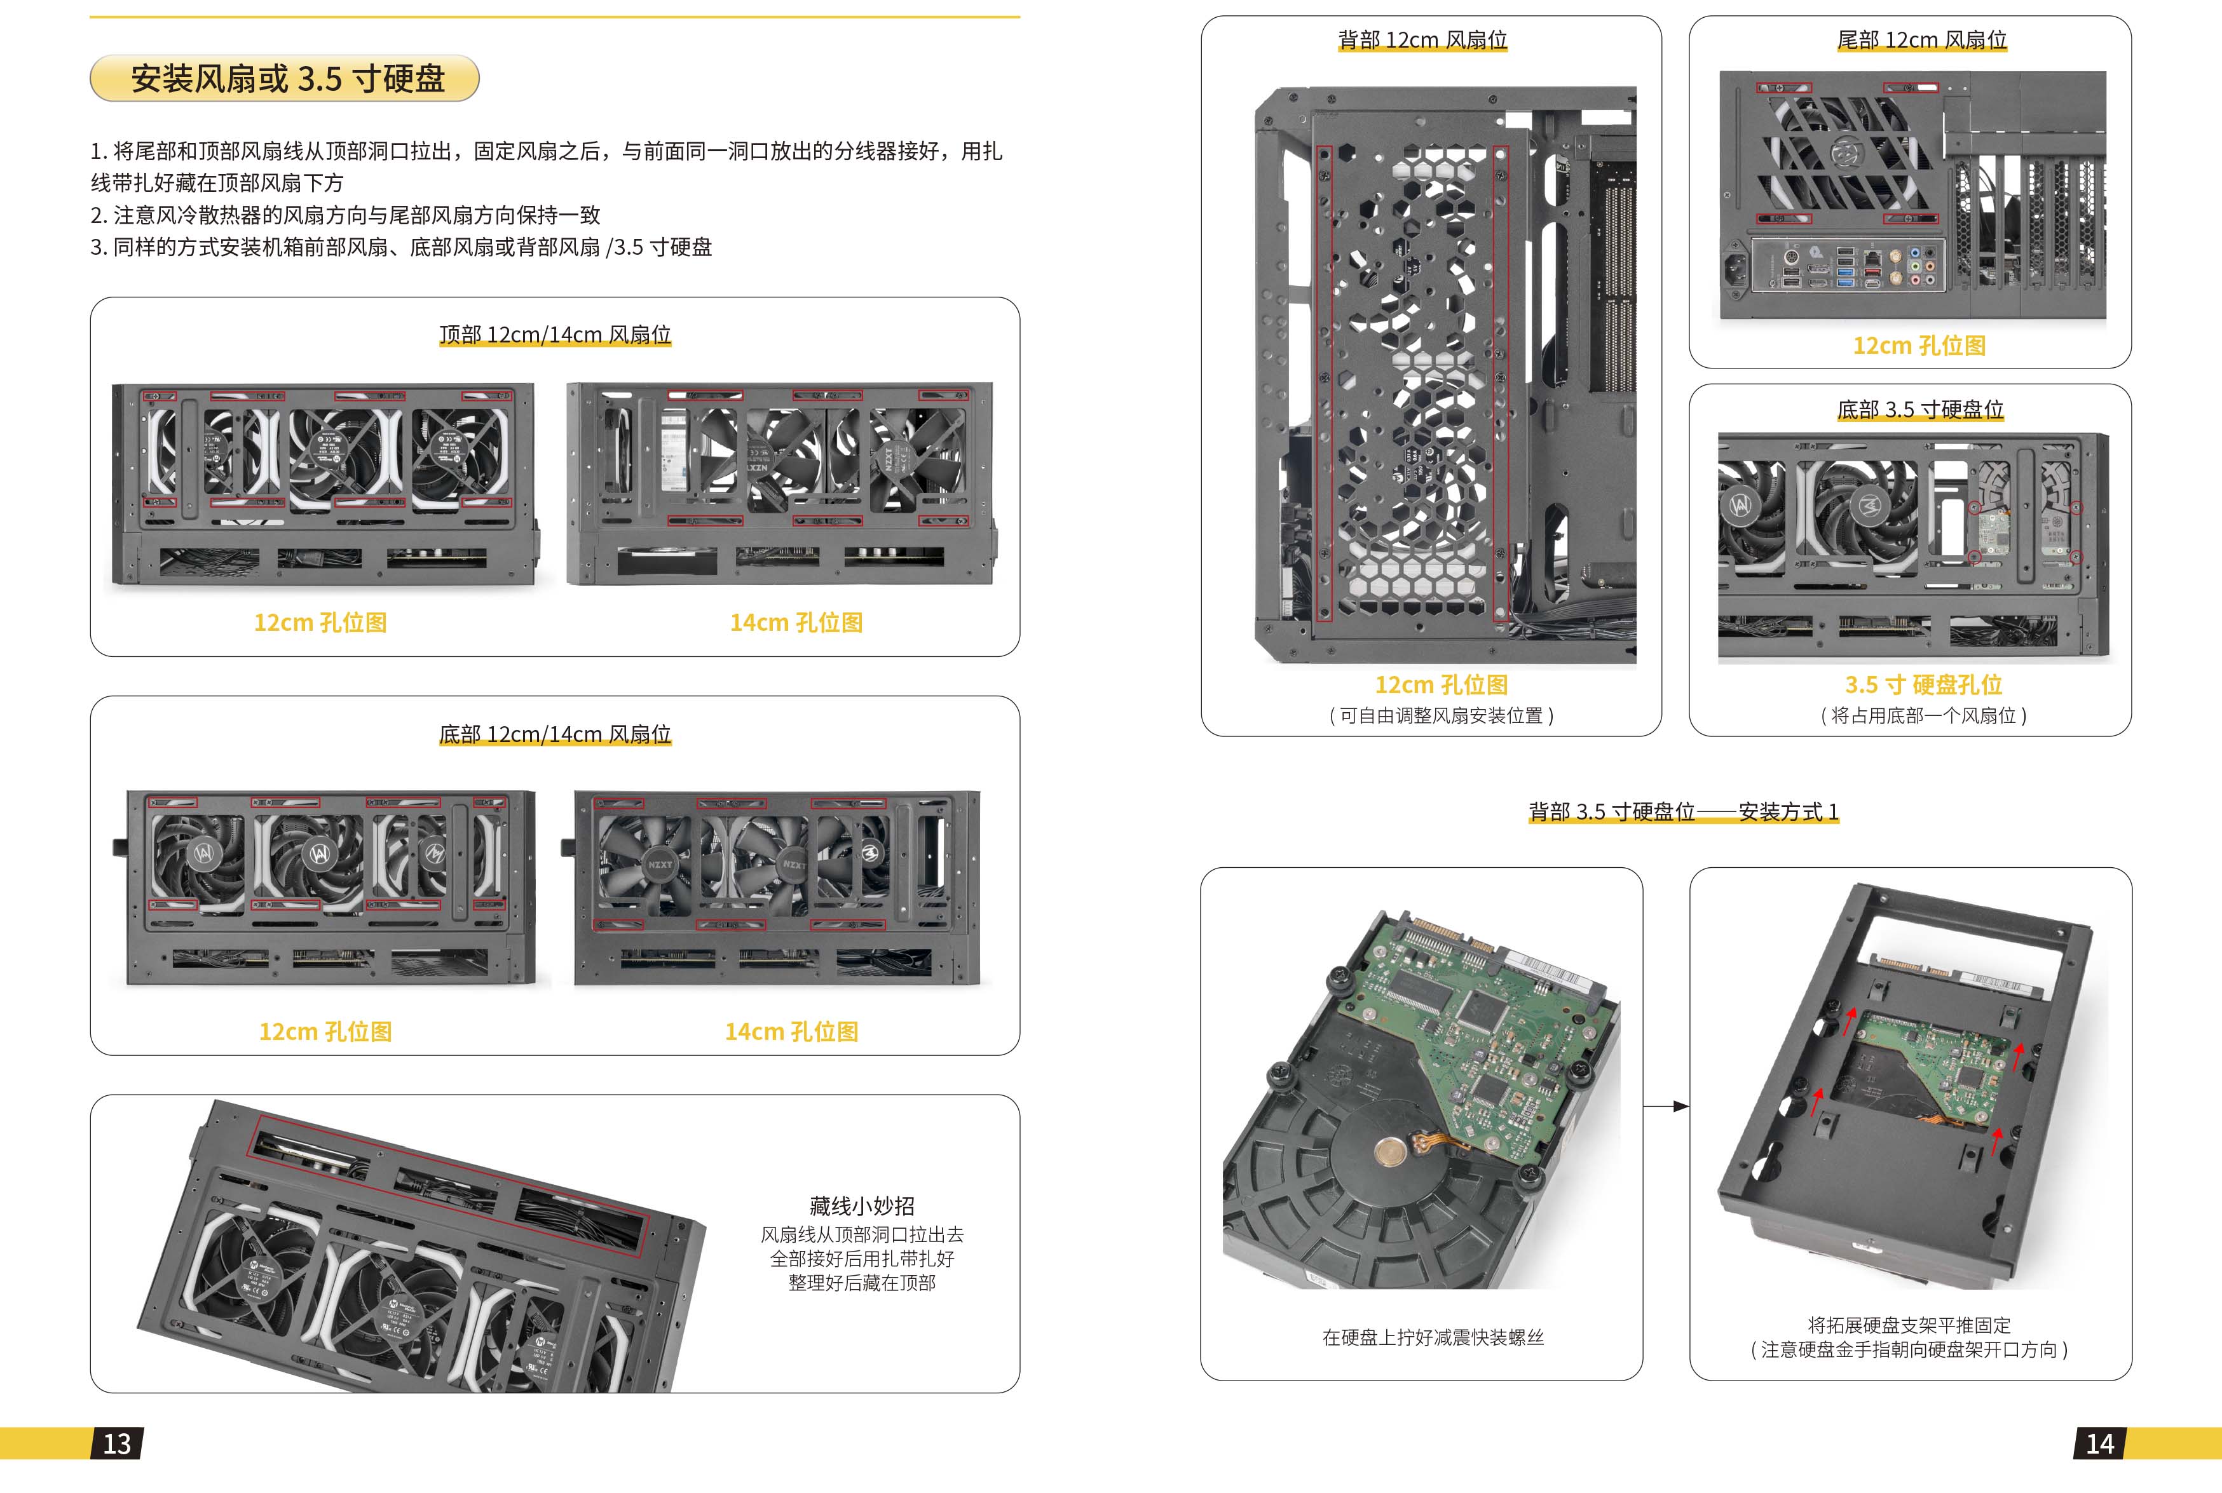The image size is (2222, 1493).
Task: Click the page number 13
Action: (117, 1443)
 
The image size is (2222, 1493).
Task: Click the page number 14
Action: (2099, 1443)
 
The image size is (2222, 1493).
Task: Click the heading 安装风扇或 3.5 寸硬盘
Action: (288, 78)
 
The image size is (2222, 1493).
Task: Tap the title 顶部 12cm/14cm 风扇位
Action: (555, 334)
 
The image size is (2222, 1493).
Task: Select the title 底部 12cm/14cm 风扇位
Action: (555, 734)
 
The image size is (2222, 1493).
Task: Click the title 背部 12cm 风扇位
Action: (1423, 40)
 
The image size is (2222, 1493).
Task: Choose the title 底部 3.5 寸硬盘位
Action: (1920, 409)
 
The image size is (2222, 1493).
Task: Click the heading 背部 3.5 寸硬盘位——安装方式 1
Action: (1684, 811)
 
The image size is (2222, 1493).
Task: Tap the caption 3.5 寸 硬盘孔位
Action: (1923, 685)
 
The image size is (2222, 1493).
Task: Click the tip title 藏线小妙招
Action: (862, 1206)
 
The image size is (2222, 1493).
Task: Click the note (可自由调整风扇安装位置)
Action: (1441, 716)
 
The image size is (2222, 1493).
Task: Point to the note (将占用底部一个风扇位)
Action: (1923, 716)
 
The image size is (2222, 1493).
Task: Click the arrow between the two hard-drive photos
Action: (1666, 1107)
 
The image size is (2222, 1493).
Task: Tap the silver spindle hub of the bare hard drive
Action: (1391, 1153)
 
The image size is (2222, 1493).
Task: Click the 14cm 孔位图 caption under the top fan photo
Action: (796, 623)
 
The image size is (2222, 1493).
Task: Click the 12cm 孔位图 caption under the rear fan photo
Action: (1441, 685)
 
